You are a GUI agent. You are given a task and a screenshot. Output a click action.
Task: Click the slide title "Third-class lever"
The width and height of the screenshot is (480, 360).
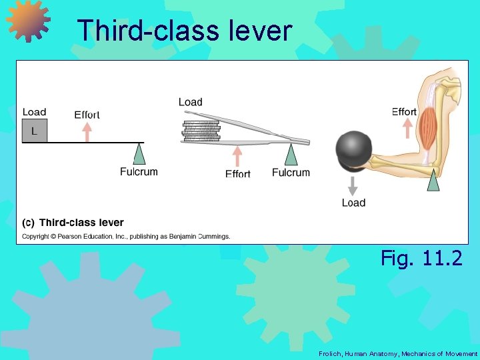184,31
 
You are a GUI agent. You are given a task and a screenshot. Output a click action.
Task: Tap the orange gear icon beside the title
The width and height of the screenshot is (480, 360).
28,21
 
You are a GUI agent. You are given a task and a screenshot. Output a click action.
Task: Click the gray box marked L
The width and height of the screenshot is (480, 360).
34,131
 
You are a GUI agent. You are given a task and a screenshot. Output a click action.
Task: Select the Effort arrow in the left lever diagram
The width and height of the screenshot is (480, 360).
87,131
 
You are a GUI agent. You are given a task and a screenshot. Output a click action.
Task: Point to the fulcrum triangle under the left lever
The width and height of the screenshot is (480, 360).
139,154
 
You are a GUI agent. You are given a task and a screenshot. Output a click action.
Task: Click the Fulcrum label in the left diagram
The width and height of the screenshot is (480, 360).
139,172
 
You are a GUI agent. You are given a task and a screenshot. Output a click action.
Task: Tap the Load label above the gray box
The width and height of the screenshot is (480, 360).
34,112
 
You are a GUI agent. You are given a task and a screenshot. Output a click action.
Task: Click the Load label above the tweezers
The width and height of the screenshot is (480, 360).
190,102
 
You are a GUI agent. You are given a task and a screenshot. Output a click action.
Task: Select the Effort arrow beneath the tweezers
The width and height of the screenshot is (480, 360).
237,157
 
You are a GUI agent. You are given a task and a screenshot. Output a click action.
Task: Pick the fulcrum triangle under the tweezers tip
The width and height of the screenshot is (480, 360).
291,155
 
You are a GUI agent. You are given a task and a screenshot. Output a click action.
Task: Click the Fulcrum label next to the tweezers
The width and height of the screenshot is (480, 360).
291,173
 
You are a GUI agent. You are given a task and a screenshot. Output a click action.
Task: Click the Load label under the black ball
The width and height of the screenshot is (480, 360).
353,203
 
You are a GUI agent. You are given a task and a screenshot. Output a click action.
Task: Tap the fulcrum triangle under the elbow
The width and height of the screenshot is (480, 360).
433,180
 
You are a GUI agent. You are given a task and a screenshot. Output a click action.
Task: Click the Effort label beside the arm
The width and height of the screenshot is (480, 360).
404,112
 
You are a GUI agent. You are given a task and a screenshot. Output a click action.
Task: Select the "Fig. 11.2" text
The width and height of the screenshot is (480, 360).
421,258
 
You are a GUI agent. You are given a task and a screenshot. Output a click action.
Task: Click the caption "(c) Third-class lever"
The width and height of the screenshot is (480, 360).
73,223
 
